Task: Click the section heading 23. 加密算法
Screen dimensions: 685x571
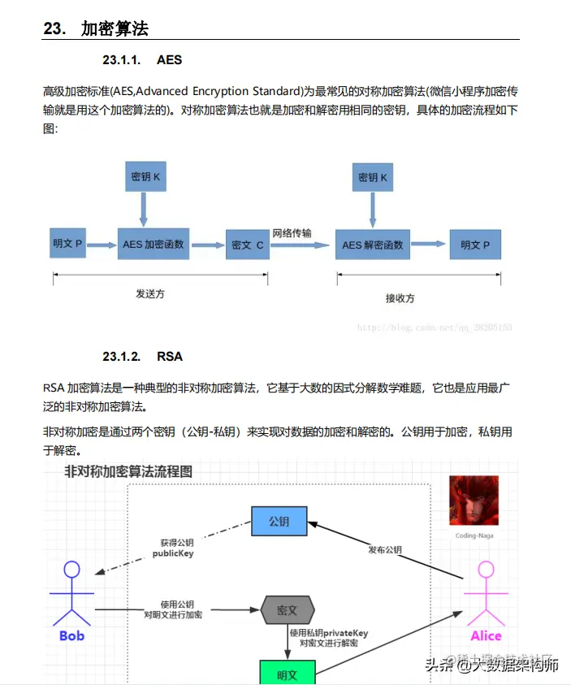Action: (x=96, y=28)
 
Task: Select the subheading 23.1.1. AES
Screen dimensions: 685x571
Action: (x=142, y=60)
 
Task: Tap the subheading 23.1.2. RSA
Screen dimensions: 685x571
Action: (x=142, y=356)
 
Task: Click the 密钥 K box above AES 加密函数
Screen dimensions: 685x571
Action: (x=144, y=176)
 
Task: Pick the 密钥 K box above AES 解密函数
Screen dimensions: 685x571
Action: (x=373, y=176)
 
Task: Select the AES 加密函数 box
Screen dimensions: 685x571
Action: (x=154, y=244)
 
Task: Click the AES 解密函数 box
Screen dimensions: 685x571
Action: (x=373, y=245)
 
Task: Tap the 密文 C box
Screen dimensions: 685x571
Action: (x=247, y=244)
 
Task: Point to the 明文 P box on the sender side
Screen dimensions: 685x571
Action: (x=68, y=244)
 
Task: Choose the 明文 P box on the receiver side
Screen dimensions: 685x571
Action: (x=474, y=244)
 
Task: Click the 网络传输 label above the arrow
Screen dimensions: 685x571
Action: (x=292, y=233)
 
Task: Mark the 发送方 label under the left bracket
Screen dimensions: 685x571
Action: (x=150, y=293)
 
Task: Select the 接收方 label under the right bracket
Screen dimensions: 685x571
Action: (x=400, y=298)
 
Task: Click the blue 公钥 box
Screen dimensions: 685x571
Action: (x=279, y=521)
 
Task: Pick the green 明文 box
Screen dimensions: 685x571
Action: (x=287, y=673)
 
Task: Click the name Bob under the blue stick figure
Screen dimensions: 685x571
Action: (x=72, y=635)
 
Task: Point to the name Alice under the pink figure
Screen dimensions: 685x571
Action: (x=486, y=635)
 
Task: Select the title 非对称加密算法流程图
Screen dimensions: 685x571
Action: (x=129, y=470)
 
